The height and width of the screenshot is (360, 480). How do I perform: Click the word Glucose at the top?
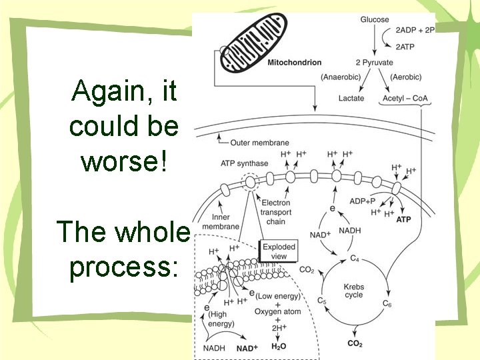pyautogui.click(x=375, y=19)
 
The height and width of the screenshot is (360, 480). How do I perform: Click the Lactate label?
pyautogui.click(x=351, y=98)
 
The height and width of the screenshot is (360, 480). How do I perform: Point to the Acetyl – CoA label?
pyautogui.click(x=405, y=98)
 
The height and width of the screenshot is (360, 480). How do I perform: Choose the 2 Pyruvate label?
pyautogui.click(x=374, y=63)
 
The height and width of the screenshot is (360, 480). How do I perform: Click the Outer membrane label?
pyautogui.click(x=259, y=142)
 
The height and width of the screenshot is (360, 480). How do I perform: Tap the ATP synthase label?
pyautogui.click(x=244, y=163)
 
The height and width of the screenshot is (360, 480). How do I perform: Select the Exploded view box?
pyautogui.click(x=279, y=251)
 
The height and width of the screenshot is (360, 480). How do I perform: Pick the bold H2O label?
pyautogui.click(x=279, y=347)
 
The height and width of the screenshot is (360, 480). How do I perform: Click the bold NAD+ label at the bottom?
pyautogui.click(x=247, y=347)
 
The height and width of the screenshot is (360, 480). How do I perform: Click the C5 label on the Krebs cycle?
pyautogui.click(x=321, y=301)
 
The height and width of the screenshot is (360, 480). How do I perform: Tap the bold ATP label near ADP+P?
pyautogui.click(x=404, y=219)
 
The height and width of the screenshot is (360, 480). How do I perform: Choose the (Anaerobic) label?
pyautogui.click(x=341, y=77)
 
